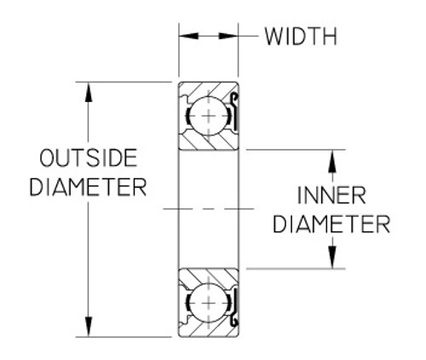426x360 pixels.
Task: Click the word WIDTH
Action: click(301, 37)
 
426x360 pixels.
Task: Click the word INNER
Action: click(331, 197)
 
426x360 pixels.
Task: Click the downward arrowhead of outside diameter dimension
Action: click(89, 328)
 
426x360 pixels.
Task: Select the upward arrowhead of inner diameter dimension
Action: click(332, 159)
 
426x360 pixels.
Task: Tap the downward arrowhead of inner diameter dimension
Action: click(332, 259)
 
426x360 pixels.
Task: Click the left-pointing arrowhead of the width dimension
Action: click(186, 37)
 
